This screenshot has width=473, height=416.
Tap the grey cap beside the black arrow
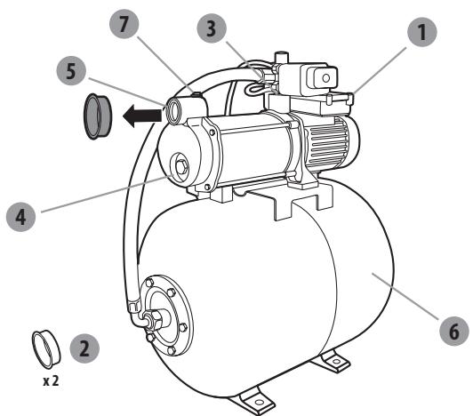tap(95, 116)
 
